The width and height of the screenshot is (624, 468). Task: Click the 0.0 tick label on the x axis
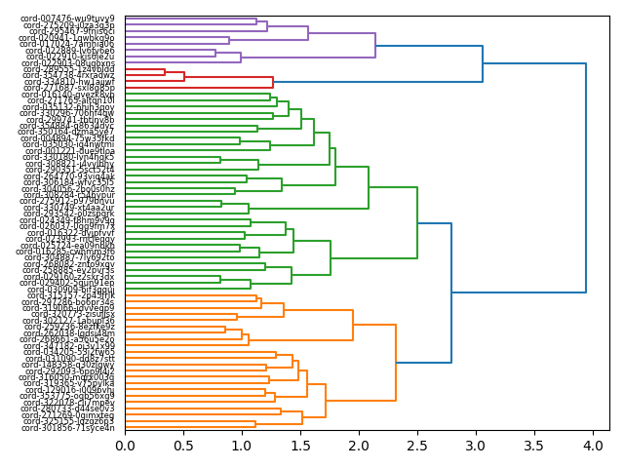(x=125, y=446)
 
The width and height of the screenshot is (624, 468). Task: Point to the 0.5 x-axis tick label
(x=183, y=446)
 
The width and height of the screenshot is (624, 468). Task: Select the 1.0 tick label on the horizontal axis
(x=242, y=446)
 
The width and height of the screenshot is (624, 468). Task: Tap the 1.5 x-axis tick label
(x=300, y=446)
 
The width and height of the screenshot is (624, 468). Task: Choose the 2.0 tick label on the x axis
(x=359, y=446)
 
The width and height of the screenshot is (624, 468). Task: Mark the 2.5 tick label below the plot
(x=416, y=446)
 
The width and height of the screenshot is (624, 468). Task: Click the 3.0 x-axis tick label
(x=475, y=446)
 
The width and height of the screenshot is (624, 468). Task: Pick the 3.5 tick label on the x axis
(x=533, y=446)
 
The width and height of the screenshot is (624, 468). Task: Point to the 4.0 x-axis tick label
(x=592, y=446)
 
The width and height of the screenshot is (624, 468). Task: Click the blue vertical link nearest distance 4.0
(x=586, y=177)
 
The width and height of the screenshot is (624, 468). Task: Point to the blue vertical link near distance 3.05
(x=483, y=63)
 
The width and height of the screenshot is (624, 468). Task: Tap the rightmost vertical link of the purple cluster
(x=375, y=46)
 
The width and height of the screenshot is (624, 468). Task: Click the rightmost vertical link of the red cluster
(x=273, y=82)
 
